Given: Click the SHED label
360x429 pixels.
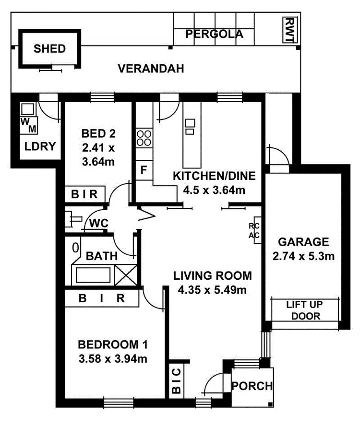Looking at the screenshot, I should (x=49, y=48).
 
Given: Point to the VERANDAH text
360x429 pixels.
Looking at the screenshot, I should (x=151, y=69).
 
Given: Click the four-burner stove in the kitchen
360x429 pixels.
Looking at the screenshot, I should (x=144, y=138).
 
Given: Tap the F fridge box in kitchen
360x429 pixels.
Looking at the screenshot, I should (x=144, y=170).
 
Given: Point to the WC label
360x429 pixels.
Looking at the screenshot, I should (x=97, y=223).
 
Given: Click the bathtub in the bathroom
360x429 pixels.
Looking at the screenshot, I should (x=94, y=276).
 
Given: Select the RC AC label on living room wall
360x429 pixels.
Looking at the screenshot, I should (x=254, y=230).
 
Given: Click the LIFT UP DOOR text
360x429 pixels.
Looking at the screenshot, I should (x=303, y=310).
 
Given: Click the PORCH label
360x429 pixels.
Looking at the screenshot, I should (x=252, y=386).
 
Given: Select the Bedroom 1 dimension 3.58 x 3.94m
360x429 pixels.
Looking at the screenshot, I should (x=113, y=358).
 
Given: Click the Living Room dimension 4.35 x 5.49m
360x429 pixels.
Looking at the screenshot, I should (x=212, y=289).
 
